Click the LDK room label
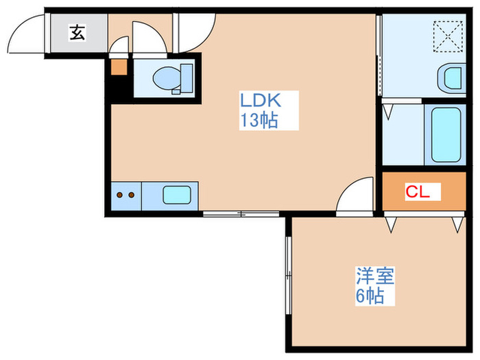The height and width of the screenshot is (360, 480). coord(259,101)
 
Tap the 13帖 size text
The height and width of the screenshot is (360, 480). coord(259,121)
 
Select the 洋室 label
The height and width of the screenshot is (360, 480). coord(374,278)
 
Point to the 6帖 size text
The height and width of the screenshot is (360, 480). coord(369,298)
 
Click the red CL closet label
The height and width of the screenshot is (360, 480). coord(418,192)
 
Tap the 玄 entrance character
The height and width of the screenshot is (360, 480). coord(77,32)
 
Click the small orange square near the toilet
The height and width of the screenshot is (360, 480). coord(119,68)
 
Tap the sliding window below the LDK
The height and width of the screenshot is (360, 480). coord(242,214)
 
